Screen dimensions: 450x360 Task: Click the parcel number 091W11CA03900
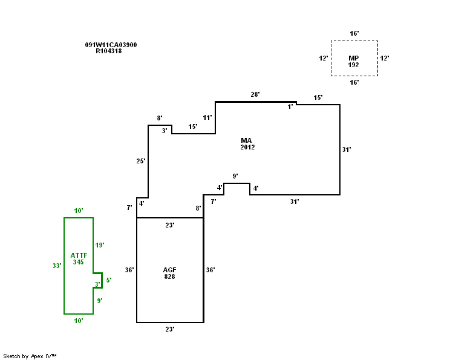coord(111,45)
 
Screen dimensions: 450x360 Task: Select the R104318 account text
coord(109,51)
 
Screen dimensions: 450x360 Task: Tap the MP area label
coord(354,58)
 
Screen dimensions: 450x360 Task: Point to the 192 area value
coord(354,65)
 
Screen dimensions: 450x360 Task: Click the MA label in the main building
coord(246,140)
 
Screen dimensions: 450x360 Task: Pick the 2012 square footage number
coord(247,147)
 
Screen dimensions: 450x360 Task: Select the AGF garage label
coord(169,270)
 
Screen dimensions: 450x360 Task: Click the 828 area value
coord(169,277)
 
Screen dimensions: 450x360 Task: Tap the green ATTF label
coord(79,255)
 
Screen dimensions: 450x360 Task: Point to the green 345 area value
coord(79,262)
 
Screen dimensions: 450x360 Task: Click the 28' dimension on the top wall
coord(255,94)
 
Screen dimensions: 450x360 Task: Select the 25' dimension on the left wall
coord(141,161)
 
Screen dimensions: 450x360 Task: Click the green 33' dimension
coord(57,266)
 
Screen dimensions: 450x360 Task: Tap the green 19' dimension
coord(100,245)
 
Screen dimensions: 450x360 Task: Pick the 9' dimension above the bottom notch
coord(235,176)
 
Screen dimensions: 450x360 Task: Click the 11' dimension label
coord(207,117)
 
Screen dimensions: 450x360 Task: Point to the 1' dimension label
coord(290,107)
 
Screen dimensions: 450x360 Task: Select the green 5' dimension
coord(109,280)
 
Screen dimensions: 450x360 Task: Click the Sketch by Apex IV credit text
coord(30,356)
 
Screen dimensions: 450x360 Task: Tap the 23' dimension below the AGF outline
coord(170,329)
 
